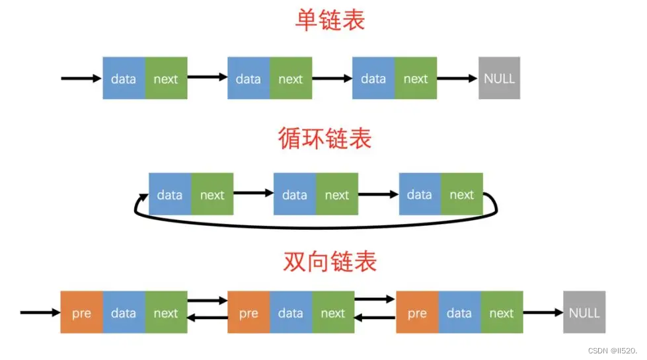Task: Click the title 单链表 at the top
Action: tap(329, 20)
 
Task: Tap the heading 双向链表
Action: tap(329, 262)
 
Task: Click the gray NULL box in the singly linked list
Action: tap(499, 78)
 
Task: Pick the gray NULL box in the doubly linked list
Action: tap(584, 312)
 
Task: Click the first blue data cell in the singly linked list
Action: tap(124, 79)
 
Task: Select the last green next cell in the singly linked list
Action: tap(416, 79)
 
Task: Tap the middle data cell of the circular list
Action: tap(295, 195)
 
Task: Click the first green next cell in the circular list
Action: tap(212, 195)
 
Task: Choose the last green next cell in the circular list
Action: tap(461, 195)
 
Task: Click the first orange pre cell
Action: tap(81, 312)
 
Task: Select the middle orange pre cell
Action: tap(248, 312)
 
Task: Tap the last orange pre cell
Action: tap(417, 312)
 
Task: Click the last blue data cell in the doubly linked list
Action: tap(459, 312)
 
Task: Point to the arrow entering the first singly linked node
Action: tap(81, 79)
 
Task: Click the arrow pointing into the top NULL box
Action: tap(457, 79)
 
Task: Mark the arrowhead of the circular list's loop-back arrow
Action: tap(141, 197)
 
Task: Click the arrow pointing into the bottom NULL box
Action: tap(543, 312)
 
